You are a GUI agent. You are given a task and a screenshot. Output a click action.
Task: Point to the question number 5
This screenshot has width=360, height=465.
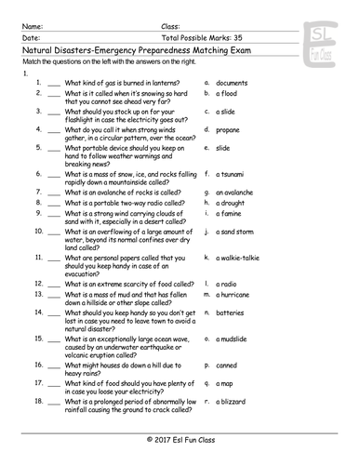click(x=39, y=147)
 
